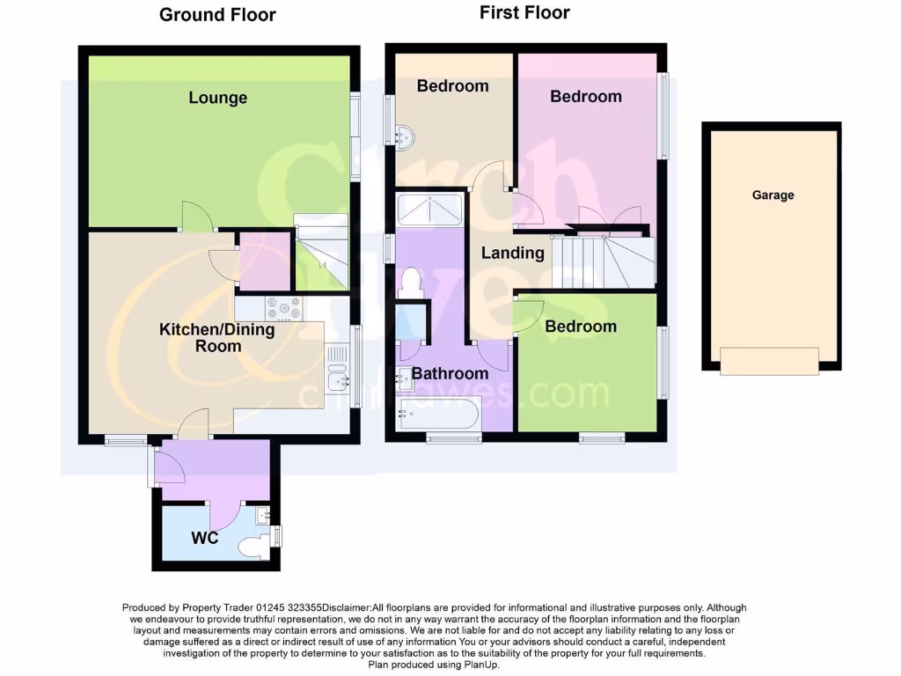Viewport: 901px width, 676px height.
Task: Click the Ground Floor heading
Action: [x=217, y=15]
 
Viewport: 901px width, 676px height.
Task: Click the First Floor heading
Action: [x=524, y=12]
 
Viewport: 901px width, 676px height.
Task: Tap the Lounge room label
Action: [x=217, y=98]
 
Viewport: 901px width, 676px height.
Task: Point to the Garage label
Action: [x=773, y=195]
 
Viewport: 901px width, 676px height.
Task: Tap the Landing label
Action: [x=512, y=253]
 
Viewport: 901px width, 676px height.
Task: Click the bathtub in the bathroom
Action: [x=438, y=413]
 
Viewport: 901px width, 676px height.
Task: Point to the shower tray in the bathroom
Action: [x=430, y=209]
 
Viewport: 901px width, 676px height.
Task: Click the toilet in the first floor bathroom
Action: [x=409, y=283]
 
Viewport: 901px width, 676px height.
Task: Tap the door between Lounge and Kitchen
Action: [x=194, y=217]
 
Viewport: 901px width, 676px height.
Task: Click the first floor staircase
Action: [x=603, y=261]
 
